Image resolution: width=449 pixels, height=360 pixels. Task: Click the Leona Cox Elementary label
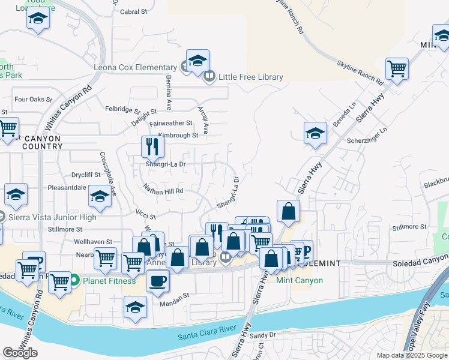pos(136,67)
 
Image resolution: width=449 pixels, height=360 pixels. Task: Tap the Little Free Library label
pos(250,77)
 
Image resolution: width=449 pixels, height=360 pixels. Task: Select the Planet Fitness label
pos(107,280)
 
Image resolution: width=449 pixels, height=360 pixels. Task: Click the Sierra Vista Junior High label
pos(52,217)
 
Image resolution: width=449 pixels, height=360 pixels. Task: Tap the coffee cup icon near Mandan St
pos(158,281)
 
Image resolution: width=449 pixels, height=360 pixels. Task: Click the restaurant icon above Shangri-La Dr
pos(152,146)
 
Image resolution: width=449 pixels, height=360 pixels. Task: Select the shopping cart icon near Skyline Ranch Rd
pos(397,68)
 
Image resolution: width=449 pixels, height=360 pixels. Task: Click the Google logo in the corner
pos(20,353)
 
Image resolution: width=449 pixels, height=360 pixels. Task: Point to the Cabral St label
pos(133,11)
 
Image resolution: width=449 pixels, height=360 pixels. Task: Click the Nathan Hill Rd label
pos(163,191)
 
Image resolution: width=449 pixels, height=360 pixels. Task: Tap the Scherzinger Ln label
pos(367,139)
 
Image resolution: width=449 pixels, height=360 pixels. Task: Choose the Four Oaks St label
pos(30,100)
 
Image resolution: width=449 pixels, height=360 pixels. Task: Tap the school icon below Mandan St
pos(136,308)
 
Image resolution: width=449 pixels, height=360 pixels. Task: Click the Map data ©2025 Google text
pos(412,356)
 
